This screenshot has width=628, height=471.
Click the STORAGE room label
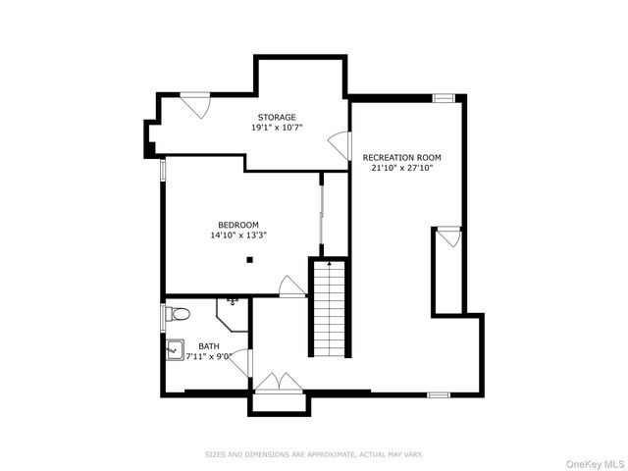click(276, 118)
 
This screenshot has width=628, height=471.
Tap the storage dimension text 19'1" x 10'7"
click(276, 128)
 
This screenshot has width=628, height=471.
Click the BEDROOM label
click(238, 225)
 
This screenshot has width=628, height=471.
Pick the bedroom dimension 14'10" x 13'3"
click(238, 235)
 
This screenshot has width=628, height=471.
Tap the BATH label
click(209, 345)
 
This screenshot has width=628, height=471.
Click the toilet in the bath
click(176, 314)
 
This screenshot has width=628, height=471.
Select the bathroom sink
click(173, 347)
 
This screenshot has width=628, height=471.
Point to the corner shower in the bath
click(232, 315)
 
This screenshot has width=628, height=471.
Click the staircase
click(330, 308)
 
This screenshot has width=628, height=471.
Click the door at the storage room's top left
click(195, 104)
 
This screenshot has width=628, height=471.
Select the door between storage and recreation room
click(341, 145)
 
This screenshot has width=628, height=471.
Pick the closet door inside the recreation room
click(448, 236)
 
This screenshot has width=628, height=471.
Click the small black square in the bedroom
click(250, 260)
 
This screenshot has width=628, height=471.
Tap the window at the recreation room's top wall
click(444, 97)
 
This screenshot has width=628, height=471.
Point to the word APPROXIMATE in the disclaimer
click(330, 454)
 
